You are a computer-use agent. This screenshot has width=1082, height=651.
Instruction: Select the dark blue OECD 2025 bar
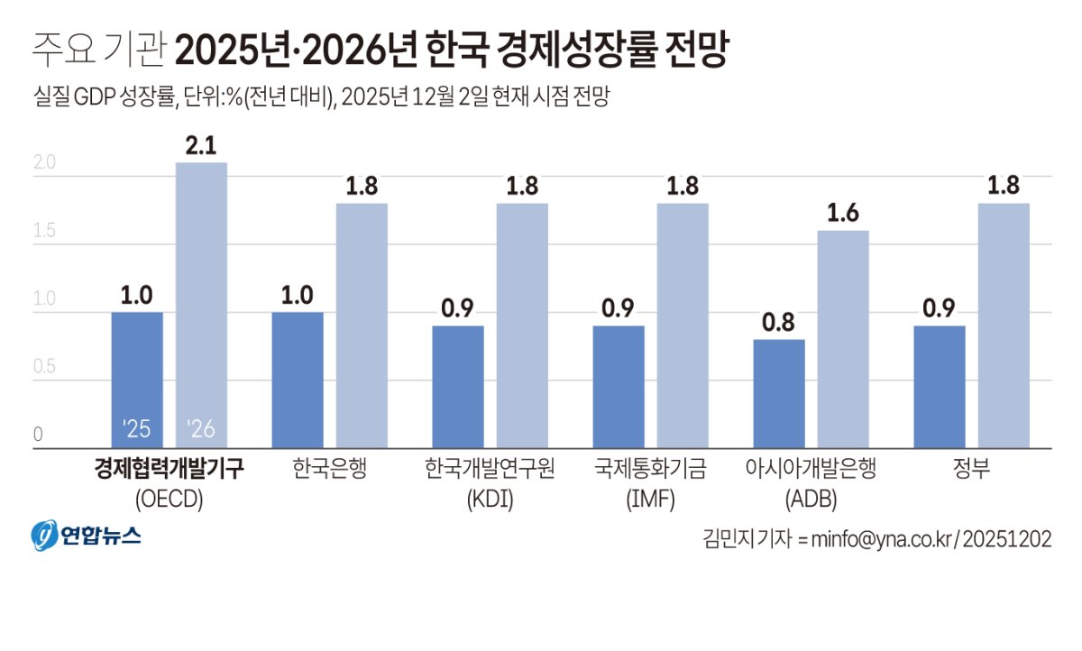tap(137, 380)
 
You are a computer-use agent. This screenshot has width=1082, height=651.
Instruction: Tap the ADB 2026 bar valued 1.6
tap(843, 339)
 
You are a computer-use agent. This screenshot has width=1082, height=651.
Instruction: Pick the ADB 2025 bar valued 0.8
tap(779, 393)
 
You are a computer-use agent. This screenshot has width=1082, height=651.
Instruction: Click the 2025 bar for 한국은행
tap(298, 380)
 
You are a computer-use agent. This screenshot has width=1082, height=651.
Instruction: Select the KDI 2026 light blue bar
tap(522, 325)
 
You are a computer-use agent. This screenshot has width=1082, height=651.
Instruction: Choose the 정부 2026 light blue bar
tap(1004, 325)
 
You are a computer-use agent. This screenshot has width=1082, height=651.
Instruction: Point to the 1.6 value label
tap(843, 214)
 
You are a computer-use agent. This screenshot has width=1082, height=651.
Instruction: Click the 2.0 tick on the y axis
tap(44, 163)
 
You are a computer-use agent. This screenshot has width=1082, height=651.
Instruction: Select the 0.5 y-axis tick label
tap(44, 367)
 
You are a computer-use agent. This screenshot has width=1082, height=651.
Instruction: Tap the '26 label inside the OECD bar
tap(200, 429)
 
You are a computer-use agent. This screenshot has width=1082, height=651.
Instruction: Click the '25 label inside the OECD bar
tap(137, 429)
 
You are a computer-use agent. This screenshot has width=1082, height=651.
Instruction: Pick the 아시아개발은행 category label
tap(811, 470)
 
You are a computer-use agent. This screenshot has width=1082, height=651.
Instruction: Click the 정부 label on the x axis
tap(972, 470)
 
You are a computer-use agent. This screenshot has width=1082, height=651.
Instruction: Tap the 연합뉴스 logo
tap(87, 536)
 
